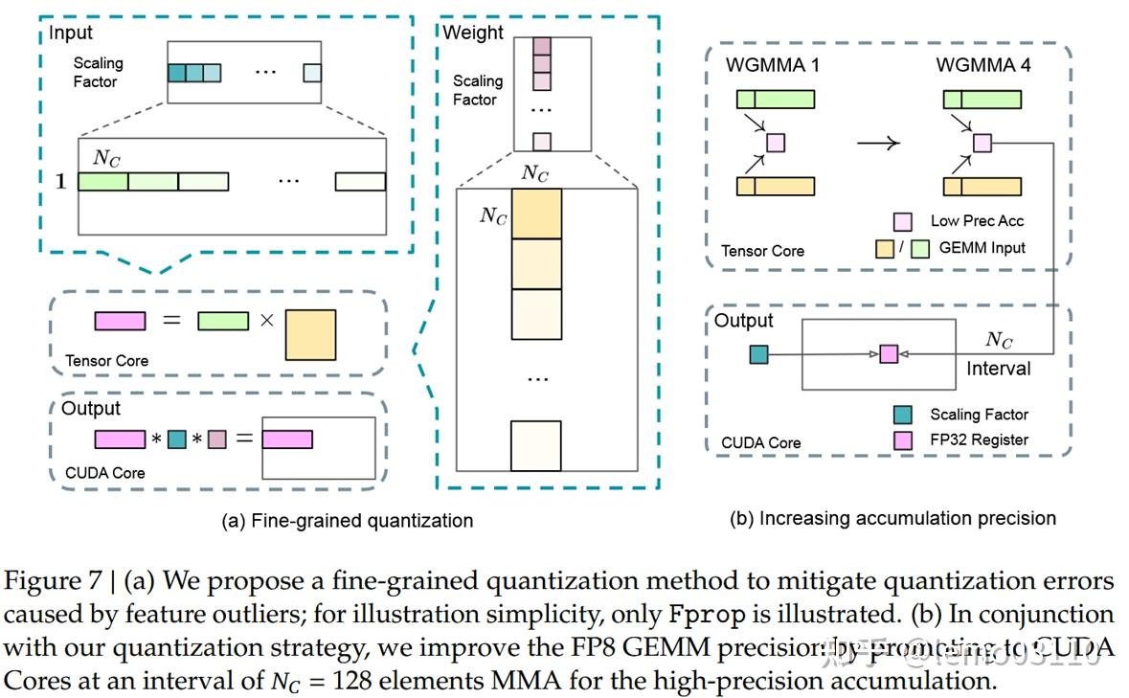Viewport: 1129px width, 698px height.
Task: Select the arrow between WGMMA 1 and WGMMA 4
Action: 877,144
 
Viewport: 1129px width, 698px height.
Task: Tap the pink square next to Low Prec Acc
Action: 902,221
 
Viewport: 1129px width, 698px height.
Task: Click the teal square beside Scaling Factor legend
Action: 902,415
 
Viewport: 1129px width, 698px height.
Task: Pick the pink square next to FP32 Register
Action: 902,440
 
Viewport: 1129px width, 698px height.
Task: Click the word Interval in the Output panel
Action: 999,369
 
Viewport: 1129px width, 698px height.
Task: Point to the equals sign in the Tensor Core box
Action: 171,320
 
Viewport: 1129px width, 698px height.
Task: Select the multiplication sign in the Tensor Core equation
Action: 265,321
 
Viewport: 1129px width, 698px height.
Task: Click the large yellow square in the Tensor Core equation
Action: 310,334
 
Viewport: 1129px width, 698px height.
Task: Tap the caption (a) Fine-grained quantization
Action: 348,521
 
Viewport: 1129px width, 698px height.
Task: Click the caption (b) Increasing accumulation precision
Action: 892,518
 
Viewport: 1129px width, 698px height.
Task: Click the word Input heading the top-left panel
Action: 72,34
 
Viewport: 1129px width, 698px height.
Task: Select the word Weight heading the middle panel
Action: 473,33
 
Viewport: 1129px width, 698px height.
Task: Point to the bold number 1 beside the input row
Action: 60,181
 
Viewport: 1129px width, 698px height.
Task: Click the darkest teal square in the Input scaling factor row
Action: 176,72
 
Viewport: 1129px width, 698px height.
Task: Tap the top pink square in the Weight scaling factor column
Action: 541,46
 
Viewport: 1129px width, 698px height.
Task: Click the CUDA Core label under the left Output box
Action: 105,472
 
